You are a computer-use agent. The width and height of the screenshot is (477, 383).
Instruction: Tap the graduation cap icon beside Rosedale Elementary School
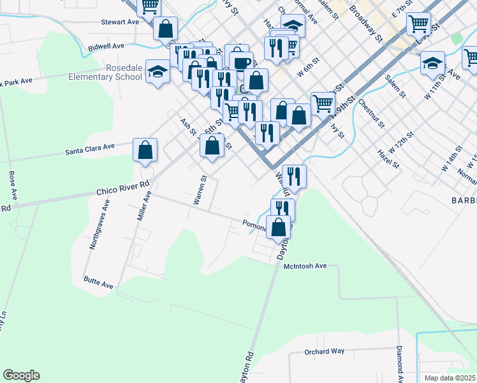pyautogui.click(x=157, y=71)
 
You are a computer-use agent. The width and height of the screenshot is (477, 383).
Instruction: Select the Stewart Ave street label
pyautogui.click(x=120, y=21)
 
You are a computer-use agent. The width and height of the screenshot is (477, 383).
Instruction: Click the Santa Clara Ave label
pyautogui.click(x=90, y=149)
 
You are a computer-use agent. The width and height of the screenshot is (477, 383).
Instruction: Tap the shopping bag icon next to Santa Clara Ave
pyautogui.click(x=145, y=151)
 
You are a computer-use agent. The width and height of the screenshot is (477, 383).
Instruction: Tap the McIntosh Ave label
pyautogui.click(x=305, y=266)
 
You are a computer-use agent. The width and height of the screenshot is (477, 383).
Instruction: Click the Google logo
pyautogui.click(x=21, y=375)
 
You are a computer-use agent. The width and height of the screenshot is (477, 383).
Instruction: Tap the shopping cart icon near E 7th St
pyautogui.click(x=418, y=24)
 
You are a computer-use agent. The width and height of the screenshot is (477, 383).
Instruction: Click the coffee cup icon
pyautogui.click(x=241, y=63)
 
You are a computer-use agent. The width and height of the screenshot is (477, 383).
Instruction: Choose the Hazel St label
pyautogui.click(x=388, y=159)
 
